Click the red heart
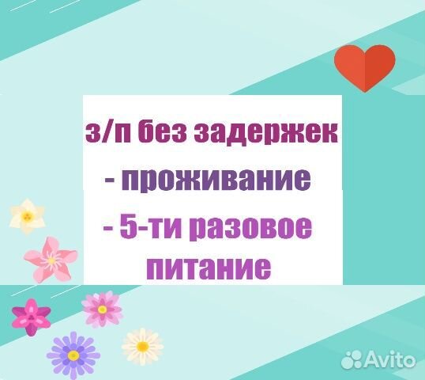[x=364, y=66]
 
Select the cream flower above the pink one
[x=28, y=215]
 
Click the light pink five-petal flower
[x=51, y=258]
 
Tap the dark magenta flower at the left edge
[x=30, y=315]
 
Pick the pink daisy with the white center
[x=102, y=308]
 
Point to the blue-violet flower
[x=73, y=354]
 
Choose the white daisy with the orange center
[x=142, y=346]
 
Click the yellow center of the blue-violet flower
[x=73, y=354]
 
